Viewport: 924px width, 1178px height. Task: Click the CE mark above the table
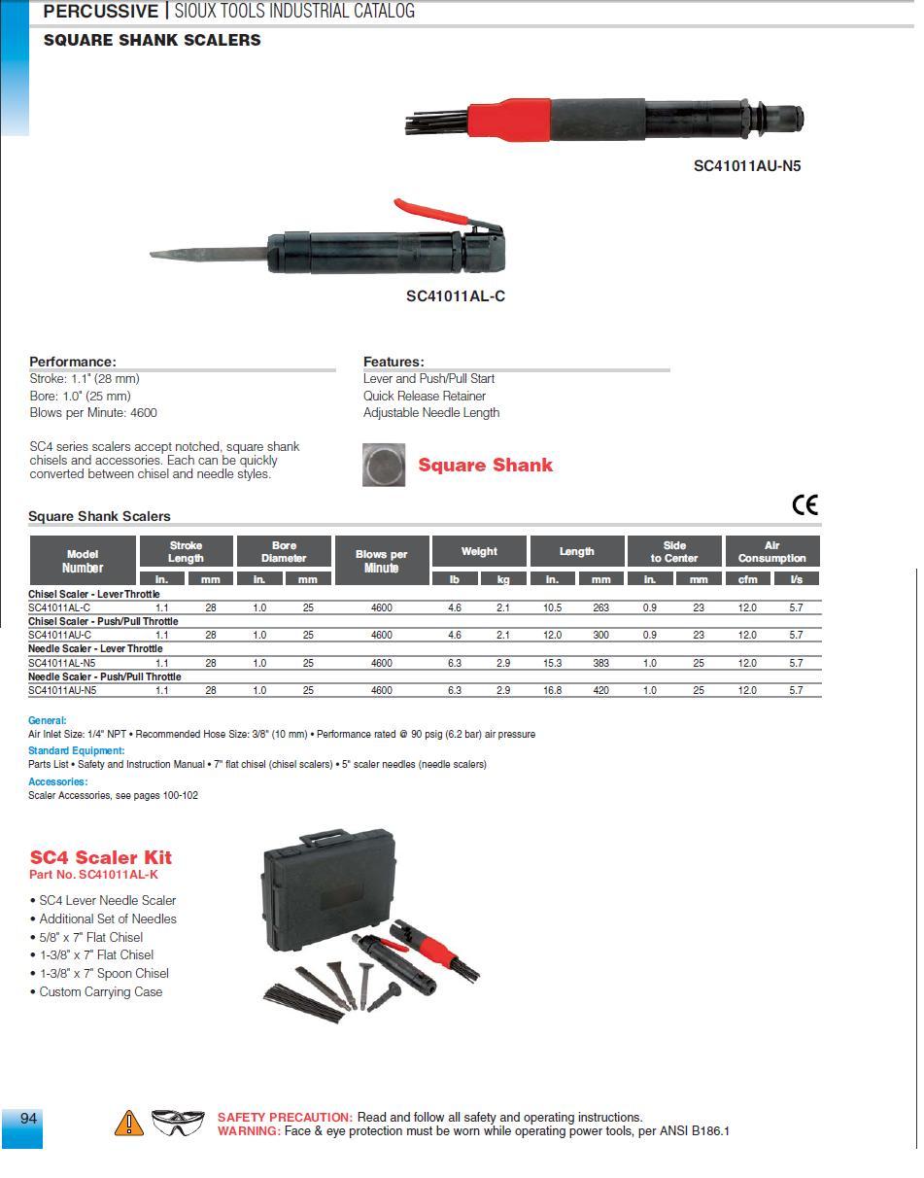click(x=804, y=504)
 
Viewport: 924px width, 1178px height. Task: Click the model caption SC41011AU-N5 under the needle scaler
click(x=746, y=166)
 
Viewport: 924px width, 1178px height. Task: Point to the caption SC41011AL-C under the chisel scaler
click(x=455, y=296)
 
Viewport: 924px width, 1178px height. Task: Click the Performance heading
click(x=73, y=362)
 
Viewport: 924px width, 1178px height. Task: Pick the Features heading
click(x=394, y=362)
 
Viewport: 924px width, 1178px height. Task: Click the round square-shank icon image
click(x=384, y=465)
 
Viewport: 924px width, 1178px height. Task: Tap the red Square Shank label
click(x=485, y=465)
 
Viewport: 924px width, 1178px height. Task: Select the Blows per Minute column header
click(x=381, y=561)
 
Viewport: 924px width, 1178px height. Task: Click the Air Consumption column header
click(x=771, y=551)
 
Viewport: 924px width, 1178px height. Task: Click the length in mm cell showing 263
click(x=600, y=607)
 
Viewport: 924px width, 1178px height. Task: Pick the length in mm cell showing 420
click(x=600, y=690)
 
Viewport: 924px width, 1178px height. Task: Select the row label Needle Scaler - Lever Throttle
click(x=95, y=648)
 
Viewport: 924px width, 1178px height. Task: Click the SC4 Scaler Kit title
click(x=101, y=857)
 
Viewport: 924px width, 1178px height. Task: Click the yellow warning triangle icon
click(x=128, y=1124)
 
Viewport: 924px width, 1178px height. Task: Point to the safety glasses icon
click(x=178, y=1123)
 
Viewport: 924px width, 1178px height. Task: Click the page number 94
click(x=28, y=1119)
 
